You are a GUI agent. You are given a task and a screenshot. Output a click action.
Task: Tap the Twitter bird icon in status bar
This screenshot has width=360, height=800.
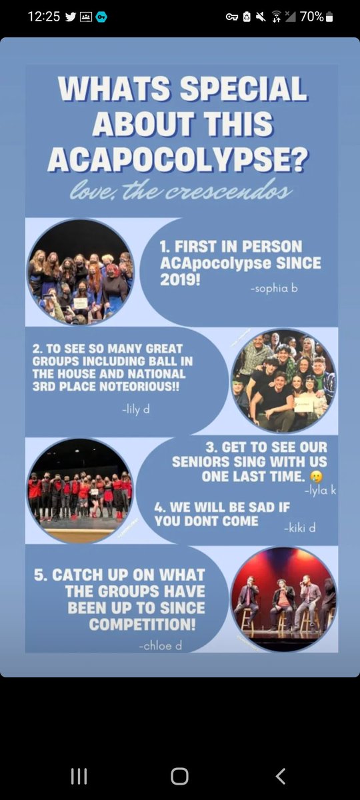click(71, 17)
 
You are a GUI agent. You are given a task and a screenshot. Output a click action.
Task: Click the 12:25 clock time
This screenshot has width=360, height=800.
click(44, 17)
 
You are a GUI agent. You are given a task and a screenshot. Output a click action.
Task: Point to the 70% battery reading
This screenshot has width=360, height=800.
click(311, 17)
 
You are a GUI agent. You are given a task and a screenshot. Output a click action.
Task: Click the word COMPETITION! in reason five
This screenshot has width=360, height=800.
click(142, 625)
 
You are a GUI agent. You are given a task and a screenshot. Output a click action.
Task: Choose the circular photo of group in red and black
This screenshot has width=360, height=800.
click(79, 491)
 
